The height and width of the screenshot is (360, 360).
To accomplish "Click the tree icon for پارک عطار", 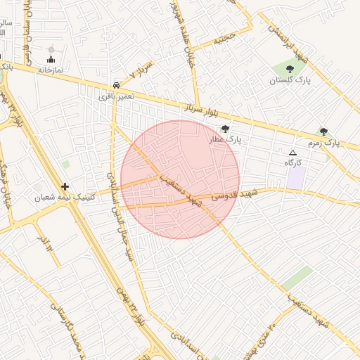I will [x=225, y=129].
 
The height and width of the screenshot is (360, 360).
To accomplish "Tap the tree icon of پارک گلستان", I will [x=290, y=69].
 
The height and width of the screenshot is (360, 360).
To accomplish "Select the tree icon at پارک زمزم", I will [x=323, y=131].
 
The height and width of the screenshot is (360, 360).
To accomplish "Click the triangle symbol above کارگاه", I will [x=293, y=153].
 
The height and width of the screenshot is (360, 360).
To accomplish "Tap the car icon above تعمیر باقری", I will [x=115, y=85].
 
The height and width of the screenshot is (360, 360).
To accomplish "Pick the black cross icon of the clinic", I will [x=65, y=186].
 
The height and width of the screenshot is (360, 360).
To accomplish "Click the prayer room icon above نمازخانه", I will [x=51, y=59].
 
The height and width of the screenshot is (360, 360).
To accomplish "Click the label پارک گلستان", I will [x=289, y=80].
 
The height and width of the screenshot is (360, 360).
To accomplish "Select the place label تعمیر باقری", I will [x=112, y=96].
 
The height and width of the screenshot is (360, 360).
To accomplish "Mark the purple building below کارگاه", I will [x=295, y=177].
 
